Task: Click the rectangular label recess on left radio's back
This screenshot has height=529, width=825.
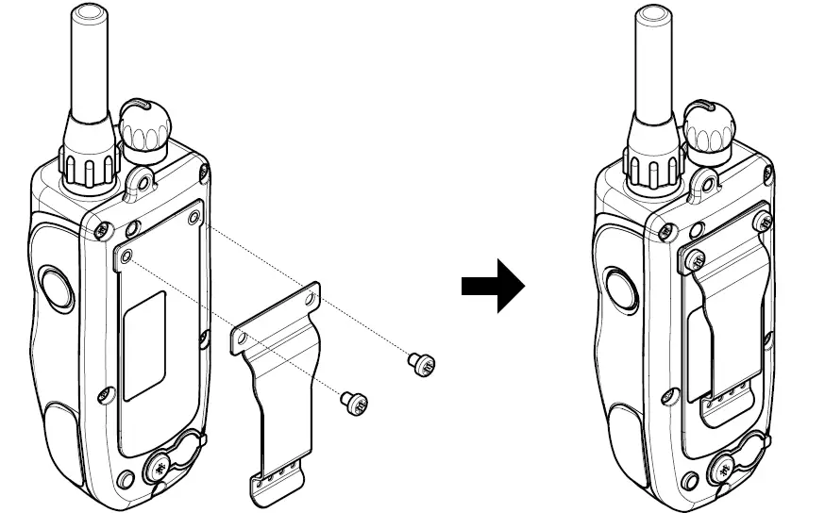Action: [x=144, y=344]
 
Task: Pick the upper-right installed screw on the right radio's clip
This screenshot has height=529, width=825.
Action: [x=766, y=221]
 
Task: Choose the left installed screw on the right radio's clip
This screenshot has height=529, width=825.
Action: [x=697, y=259]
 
